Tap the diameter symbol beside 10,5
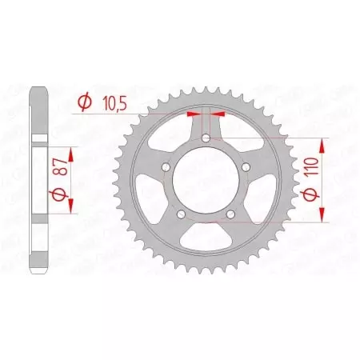tap(83, 102)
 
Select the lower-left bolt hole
tap(179, 216)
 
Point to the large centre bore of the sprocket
tap(206, 182)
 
